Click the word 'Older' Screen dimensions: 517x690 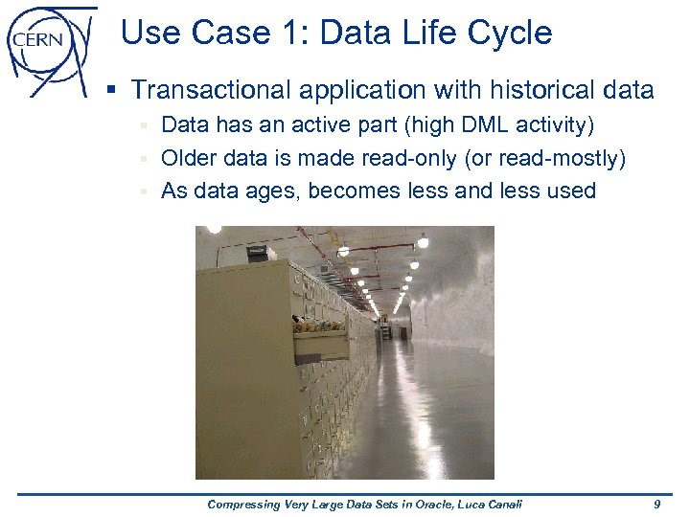[x=190, y=158]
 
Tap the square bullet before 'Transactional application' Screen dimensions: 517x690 [x=112, y=91]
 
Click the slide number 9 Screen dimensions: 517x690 [x=656, y=504]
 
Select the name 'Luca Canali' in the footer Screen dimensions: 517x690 [x=485, y=504]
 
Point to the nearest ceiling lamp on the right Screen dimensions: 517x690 [x=423, y=241]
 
